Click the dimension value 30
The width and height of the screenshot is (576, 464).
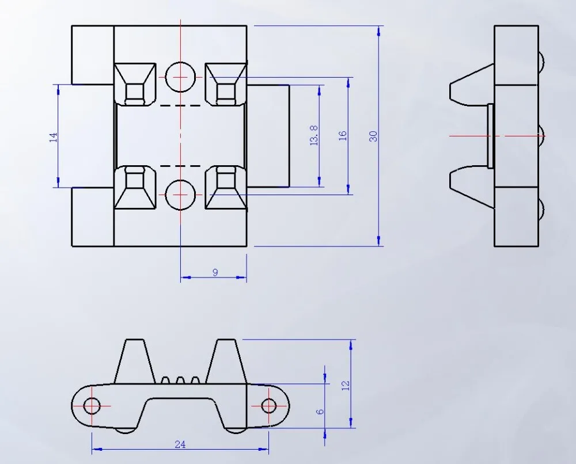[373, 136]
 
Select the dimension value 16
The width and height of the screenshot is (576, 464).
[342, 136]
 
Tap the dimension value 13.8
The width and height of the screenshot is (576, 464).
[314, 135]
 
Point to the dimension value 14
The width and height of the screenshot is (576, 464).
[54, 138]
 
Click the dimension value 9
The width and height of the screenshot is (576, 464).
[215, 272]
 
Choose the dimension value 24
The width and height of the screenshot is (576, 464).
[180, 445]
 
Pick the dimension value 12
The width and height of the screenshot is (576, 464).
[346, 386]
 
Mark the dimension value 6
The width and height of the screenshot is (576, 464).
[320, 412]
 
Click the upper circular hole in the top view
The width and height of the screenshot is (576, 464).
[180, 77]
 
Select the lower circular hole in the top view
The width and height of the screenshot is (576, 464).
[180, 195]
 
